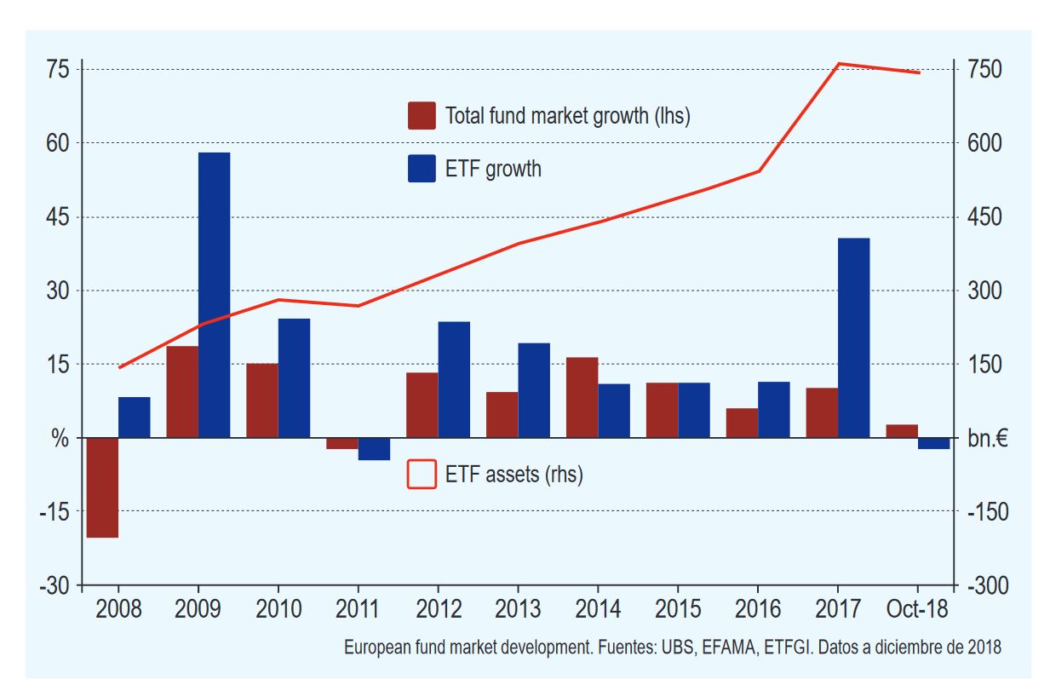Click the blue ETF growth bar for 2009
(214, 295)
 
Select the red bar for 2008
(102, 487)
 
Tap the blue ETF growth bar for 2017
(853, 337)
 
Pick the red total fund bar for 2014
(582, 397)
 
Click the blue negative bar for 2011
(374, 448)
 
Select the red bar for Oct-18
(902, 431)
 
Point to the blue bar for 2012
(454, 379)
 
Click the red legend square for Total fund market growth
(422, 116)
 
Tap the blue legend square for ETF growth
(422, 169)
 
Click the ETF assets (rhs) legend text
(514, 475)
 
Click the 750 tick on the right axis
(985, 69)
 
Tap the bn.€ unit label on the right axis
(987, 439)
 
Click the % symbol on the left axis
(59, 439)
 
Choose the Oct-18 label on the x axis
(917, 611)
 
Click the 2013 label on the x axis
(518, 611)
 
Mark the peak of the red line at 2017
(839, 64)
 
